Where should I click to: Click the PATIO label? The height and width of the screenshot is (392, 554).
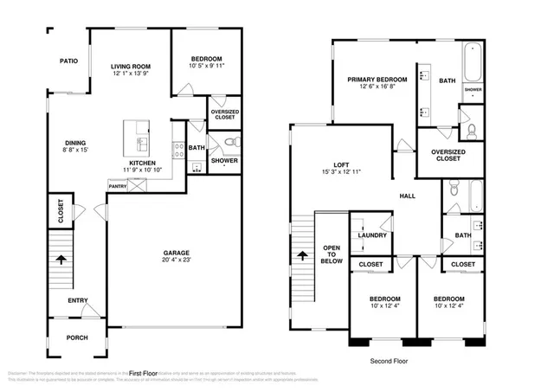pyautogui.click(x=69, y=61)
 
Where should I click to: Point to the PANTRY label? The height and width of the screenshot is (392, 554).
pyautogui.click(x=118, y=185)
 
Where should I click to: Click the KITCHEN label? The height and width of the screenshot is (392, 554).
pyautogui.click(x=142, y=163)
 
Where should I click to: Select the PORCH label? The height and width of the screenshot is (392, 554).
pyautogui.click(x=79, y=337)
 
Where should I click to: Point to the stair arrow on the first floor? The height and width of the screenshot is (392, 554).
pyautogui.click(x=60, y=257)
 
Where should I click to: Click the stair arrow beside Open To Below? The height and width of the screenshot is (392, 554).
pyautogui.click(x=302, y=255)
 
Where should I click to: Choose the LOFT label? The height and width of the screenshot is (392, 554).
pyautogui.click(x=341, y=165)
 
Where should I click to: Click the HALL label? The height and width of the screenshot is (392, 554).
pyautogui.click(x=407, y=196)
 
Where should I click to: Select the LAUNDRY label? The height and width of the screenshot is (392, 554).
pyautogui.click(x=372, y=235)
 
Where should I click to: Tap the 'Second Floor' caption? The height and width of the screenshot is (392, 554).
pyautogui.click(x=388, y=361)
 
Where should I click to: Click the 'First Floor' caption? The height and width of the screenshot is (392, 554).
pyautogui.click(x=147, y=371)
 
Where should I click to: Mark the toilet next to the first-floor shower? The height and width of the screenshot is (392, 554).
pyautogui.click(x=229, y=143)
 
